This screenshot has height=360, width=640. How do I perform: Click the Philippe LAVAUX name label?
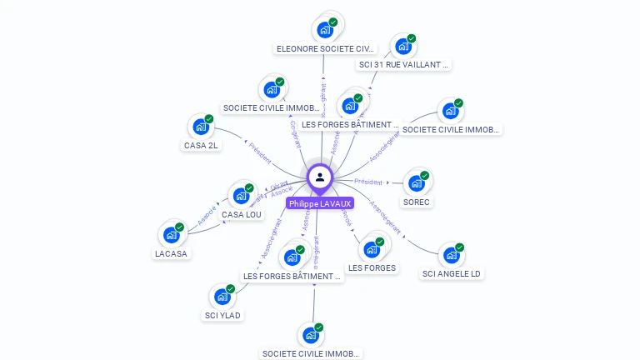coord(320,203)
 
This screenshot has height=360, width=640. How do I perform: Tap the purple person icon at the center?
coord(320,177)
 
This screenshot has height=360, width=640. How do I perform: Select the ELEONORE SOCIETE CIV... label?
coord(325,48)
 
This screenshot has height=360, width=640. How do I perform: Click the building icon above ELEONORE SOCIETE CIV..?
coord(325,30)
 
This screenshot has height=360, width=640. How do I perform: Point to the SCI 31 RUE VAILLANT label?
coord(404,64)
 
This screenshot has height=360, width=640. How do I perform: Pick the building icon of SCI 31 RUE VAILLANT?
coord(403,46)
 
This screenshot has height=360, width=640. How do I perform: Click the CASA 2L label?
coord(201,145)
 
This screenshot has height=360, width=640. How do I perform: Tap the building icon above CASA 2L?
coord(201,127)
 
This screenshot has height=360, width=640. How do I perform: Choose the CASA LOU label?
coord(242,214)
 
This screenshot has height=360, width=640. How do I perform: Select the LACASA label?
coord(172,253)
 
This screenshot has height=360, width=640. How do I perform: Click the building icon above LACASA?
coord(172,235)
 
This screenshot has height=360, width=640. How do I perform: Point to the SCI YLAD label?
coord(222,315)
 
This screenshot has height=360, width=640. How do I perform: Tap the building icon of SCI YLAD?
coord(222,296)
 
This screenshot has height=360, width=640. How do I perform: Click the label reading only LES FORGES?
coord(372,267)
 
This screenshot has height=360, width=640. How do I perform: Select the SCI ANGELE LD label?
coord(452,273)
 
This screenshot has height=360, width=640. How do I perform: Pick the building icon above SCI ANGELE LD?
coord(452,255)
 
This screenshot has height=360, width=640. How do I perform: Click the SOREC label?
coord(417,202)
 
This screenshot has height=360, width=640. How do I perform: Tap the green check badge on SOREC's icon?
coord(425,176)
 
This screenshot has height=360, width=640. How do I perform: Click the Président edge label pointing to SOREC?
coord(368,182)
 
